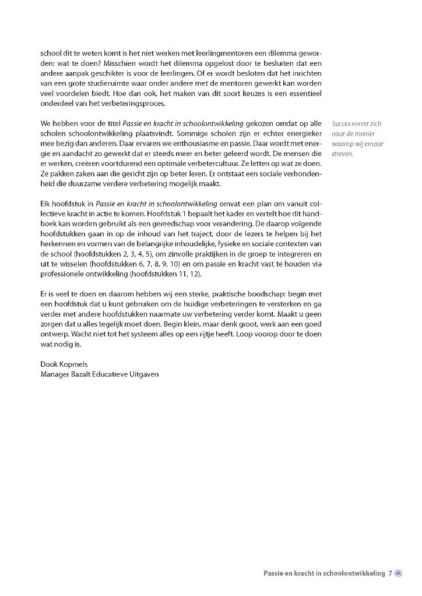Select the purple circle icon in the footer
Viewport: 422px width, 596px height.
point(399,573)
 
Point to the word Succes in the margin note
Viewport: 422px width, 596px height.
point(342,124)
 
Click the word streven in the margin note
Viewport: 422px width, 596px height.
point(342,154)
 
